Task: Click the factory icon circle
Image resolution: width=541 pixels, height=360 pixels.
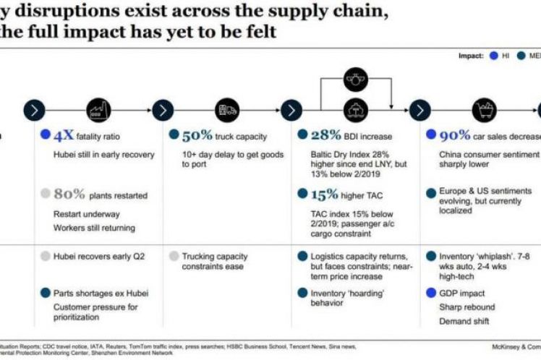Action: pos(98,111)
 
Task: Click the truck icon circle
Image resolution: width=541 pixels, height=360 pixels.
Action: pos(226,111)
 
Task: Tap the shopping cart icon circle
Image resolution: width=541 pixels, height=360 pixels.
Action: pos(484,111)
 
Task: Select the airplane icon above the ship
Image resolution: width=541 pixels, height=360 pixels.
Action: pos(355,77)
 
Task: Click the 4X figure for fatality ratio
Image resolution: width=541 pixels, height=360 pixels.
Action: pos(64,136)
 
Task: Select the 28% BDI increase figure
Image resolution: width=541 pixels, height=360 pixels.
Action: pos(325,136)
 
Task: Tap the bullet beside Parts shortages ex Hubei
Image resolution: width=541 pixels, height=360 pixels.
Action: pos(46,293)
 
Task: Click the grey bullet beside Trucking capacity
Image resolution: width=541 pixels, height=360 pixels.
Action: pos(174,256)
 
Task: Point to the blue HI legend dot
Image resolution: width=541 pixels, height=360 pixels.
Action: pos(494,56)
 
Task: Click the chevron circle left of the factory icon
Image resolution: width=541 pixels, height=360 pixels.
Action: pos(34,111)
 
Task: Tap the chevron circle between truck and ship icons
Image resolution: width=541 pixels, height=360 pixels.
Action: pos(291,111)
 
